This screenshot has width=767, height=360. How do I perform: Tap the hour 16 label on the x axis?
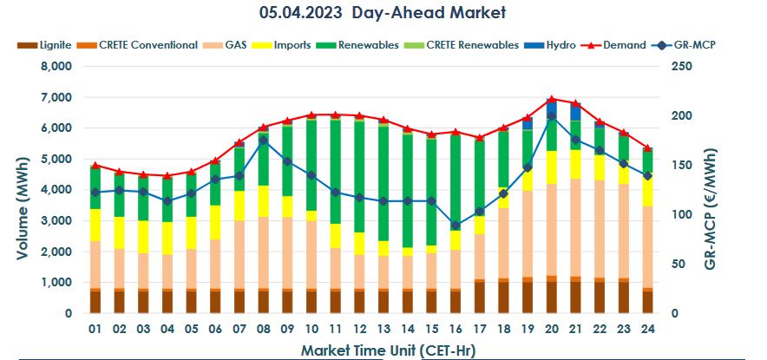tap(456, 330)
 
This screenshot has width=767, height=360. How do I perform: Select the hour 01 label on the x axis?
tap(95, 330)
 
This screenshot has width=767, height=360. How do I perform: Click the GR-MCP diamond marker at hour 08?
tap(263, 141)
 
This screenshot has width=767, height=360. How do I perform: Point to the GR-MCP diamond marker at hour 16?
tap(456, 226)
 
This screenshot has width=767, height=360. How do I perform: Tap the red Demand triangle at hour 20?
tap(552, 99)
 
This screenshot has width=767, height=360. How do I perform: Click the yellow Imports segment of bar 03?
tap(143, 237)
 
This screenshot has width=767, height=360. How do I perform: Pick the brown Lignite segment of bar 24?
tap(646, 301)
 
